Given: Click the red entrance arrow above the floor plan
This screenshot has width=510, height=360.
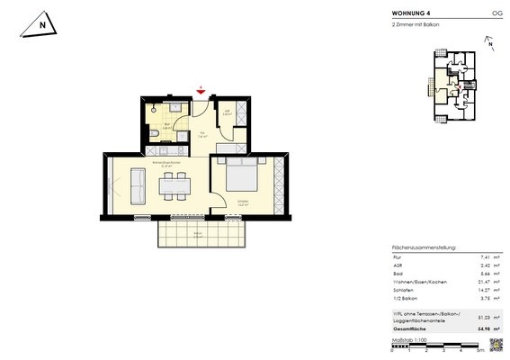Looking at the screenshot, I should (200, 89).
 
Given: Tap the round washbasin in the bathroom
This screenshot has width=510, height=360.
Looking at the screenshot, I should (155, 107).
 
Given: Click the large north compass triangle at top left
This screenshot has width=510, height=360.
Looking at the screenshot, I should (41, 24).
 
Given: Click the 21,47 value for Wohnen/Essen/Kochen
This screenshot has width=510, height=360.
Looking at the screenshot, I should (479, 280).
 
